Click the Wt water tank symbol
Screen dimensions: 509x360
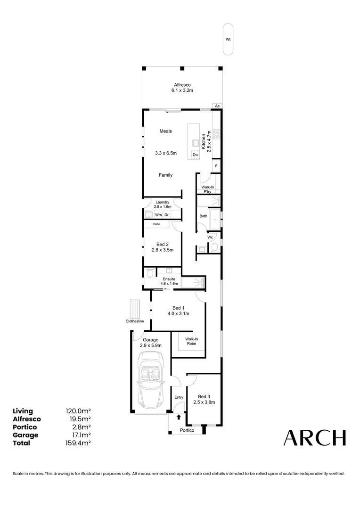coord(228,40)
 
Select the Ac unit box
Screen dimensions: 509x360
coord(217,106)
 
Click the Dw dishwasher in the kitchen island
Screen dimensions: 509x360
coord(195,155)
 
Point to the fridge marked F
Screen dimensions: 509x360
coord(216,166)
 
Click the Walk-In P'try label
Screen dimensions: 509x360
coord(208,189)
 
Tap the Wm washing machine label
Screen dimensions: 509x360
coord(158,215)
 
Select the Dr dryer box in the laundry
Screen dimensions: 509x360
coord(166,215)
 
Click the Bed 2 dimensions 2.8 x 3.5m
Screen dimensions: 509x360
coord(163,250)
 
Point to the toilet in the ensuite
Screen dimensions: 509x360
coord(150,273)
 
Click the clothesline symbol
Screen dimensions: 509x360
coord(135,309)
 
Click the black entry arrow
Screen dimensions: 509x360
coord(179,417)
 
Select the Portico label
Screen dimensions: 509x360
coord(186,431)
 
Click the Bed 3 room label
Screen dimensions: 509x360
coord(204,396)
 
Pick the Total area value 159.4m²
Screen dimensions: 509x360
coord(78,443)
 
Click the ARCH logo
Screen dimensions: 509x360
coord(314,438)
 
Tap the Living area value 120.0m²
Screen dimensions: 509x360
coord(78,411)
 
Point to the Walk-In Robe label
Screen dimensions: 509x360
coord(191,341)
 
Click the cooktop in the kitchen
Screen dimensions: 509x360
coord(217,134)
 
